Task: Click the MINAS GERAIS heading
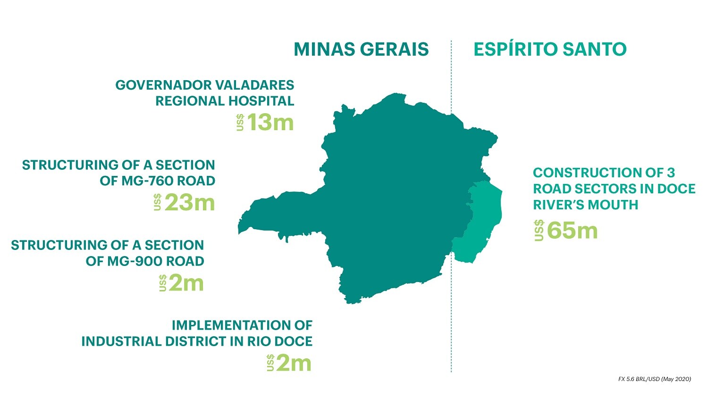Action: [361, 49]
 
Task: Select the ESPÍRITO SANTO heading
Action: [550, 49]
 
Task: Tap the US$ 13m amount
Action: [265, 122]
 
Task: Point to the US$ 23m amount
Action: [184, 202]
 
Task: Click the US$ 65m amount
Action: [566, 230]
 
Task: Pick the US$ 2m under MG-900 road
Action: [181, 283]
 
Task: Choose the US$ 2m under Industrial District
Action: [289, 363]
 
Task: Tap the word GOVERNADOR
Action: [163, 85]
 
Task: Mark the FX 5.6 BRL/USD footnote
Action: [655, 379]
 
